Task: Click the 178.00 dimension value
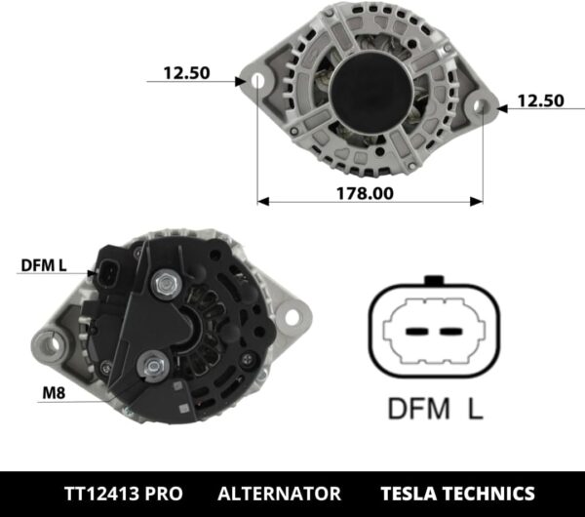367,193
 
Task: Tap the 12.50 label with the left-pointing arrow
540,100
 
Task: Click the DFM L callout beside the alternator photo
43,265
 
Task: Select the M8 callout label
55,394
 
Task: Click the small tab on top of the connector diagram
434,281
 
